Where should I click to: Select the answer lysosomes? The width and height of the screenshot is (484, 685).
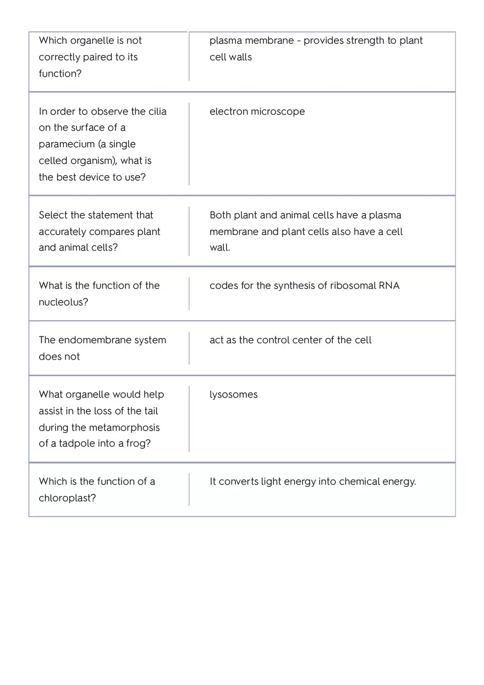tap(233, 394)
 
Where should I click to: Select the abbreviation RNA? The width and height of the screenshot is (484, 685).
tap(389, 286)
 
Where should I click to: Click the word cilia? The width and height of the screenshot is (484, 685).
tap(157, 112)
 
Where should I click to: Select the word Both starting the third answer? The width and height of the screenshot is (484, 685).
tap(220, 215)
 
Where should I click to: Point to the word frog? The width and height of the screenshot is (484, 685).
tap(136, 443)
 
